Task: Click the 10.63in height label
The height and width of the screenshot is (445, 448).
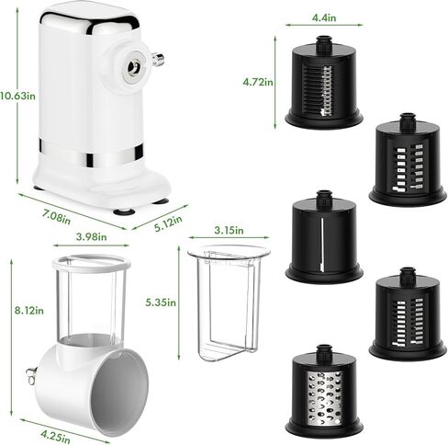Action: click(x=17, y=94)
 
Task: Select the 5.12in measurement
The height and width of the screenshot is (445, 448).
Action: click(x=170, y=222)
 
